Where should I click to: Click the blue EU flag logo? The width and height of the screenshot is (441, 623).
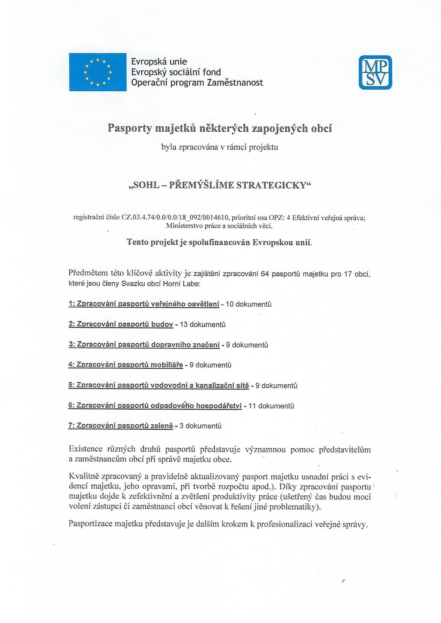click(x=98, y=72)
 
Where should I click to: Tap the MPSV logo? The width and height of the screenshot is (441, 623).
click(x=376, y=72)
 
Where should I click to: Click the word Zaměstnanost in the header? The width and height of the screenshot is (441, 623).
click(x=235, y=83)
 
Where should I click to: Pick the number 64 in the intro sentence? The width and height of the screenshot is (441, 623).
click(x=265, y=274)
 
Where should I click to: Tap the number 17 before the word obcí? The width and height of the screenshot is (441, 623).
click(x=348, y=274)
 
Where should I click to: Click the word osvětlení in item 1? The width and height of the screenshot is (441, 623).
click(x=203, y=304)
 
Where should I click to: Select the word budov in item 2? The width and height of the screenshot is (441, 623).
click(x=162, y=324)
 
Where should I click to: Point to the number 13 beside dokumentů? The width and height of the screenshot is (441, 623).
click(x=183, y=324)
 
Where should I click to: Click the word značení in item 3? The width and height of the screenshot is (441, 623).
click(x=207, y=345)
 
